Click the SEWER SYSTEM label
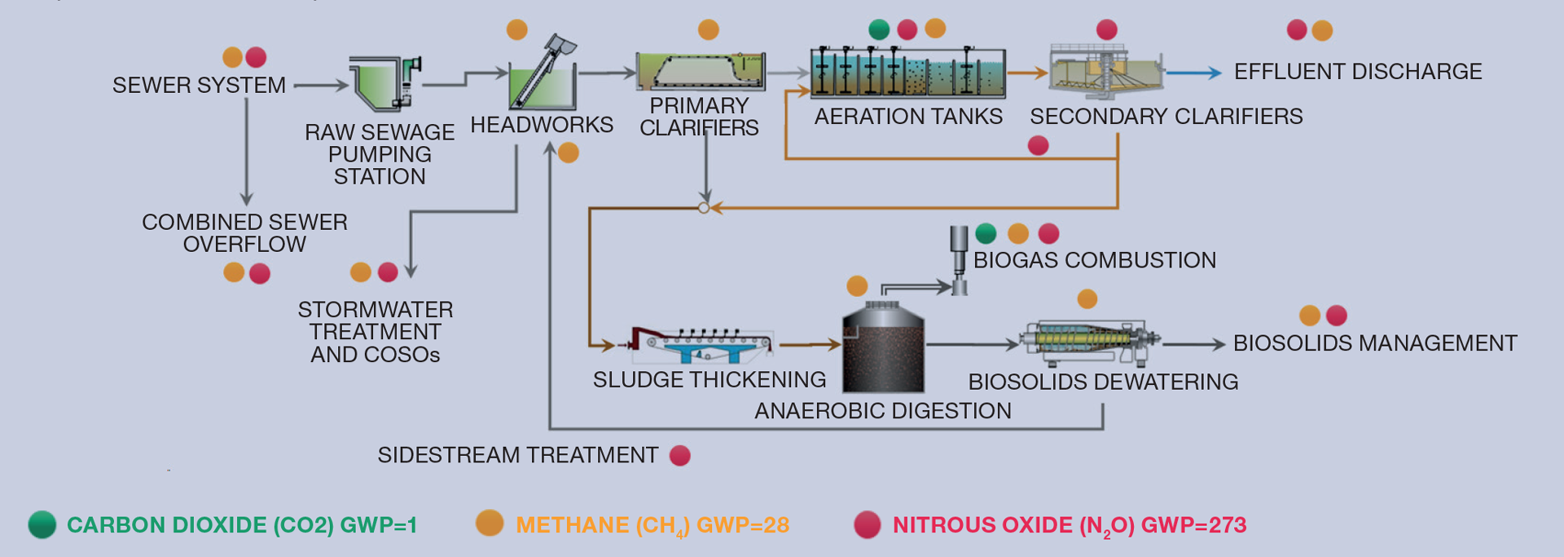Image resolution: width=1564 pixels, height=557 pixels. tap(199, 85)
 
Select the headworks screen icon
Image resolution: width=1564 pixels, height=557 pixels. tap(543, 75)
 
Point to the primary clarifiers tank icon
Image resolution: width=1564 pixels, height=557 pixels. tap(701, 71)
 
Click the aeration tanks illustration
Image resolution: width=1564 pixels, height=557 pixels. tap(907, 73)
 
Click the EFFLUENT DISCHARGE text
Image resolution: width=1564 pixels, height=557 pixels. tap(1357, 72)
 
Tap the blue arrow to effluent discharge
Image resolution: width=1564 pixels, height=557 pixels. tap(1193, 73)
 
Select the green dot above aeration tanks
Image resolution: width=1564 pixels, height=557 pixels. tap(879, 29)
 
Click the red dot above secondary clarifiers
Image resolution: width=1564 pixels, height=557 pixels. tap(1106, 30)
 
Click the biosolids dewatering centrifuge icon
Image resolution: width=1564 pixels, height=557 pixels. tap(1090, 341)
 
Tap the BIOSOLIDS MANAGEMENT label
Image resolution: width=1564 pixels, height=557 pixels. tap(1374, 343)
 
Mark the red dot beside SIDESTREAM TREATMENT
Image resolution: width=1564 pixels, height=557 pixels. tap(679, 455)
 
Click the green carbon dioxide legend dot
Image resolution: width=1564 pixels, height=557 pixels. tap(42, 524)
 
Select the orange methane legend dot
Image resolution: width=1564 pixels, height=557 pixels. tap(490, 523)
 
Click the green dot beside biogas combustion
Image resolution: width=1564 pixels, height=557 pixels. tap(986, 234)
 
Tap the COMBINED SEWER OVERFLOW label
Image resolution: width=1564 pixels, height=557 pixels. tap(244, 233)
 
